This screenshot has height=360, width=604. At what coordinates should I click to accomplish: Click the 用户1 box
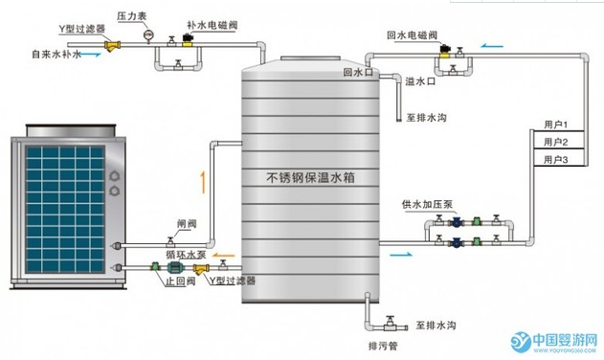coord(556,125)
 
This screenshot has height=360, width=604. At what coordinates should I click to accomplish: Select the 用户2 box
coord(556,143)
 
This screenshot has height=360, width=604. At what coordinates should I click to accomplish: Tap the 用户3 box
coord(556,159)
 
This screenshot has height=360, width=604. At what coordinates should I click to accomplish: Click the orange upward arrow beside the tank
coord(202,178)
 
